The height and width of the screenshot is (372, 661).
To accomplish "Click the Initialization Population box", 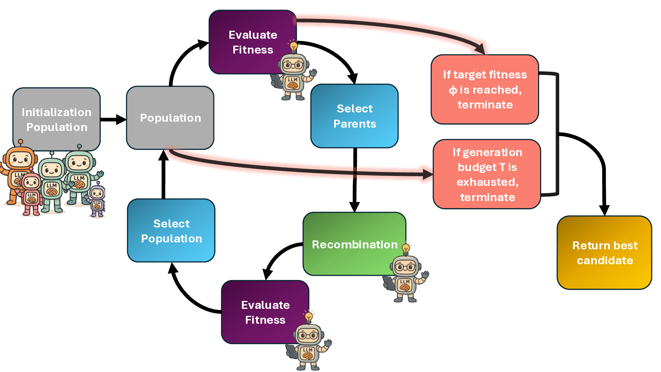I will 57,119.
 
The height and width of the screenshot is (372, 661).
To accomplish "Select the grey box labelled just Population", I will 170,118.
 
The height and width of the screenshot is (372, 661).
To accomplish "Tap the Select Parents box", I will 355,116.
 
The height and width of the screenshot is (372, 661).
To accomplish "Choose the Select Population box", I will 171,230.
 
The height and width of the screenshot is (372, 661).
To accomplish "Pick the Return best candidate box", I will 604,253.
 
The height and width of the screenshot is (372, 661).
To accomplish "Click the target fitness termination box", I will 485,89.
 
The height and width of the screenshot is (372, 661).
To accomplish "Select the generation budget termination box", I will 487,174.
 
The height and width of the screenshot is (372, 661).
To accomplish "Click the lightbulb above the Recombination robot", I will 406,248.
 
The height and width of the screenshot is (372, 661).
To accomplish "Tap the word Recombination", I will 355,244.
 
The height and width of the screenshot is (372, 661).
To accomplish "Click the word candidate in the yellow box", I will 605,261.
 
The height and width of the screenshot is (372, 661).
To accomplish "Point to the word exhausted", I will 487,182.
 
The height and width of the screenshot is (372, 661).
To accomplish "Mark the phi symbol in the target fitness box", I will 453,90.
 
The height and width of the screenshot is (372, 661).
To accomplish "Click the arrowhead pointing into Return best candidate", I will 604,210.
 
